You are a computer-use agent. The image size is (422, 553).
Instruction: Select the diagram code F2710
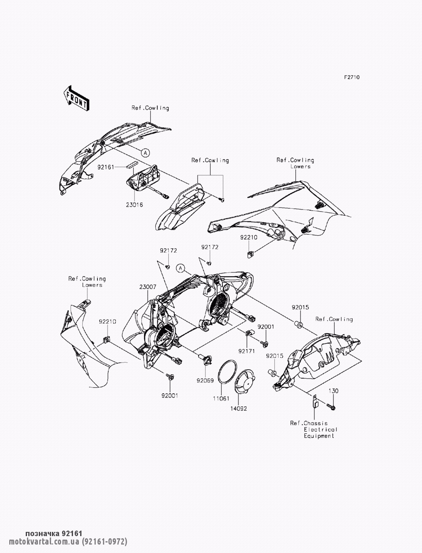click(x=352, y=77)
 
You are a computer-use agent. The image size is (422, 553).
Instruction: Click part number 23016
click(x=134, y=204)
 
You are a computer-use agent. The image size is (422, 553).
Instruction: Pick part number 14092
click(x=238, y=409)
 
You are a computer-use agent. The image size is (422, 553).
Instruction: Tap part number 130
click(x=333, y=391)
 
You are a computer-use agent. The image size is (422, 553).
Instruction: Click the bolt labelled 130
click(x=330, y=406)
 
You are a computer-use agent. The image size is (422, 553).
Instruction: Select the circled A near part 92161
click(x=145, y=151)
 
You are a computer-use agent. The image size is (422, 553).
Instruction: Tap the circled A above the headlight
click(x=181, y=268)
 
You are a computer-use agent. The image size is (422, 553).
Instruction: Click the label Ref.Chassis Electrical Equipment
click(x=315, y=429)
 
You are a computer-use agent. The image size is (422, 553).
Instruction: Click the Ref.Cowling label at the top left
click(x=150, y=108)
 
